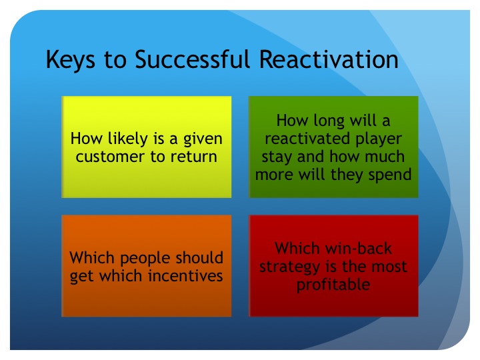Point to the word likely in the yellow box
[x=126, y=139]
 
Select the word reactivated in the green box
[x=307, y=139]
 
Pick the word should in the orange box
[x=200, y=258]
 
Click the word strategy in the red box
[x=289, y=267]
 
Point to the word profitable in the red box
[x=333, y=285]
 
